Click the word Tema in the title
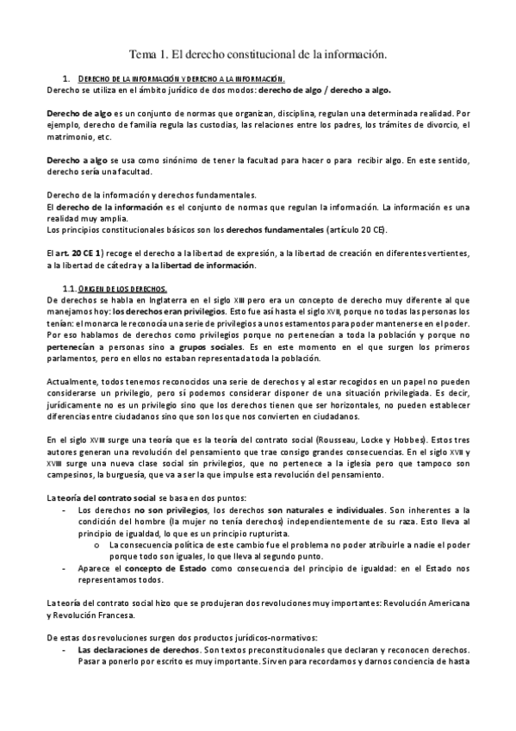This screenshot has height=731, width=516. coord(143,54)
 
